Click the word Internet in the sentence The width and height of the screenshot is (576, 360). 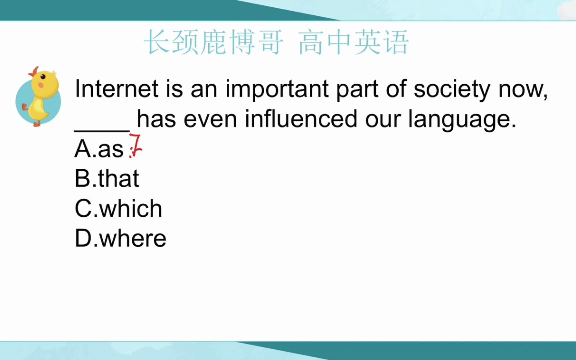116,89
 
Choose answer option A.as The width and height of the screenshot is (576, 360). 99,148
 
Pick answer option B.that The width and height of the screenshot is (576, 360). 107,178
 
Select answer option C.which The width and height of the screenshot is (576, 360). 118,208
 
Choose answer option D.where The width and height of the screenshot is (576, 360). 120,238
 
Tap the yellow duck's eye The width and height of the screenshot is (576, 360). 43,77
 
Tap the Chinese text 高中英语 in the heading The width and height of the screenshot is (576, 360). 353,42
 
